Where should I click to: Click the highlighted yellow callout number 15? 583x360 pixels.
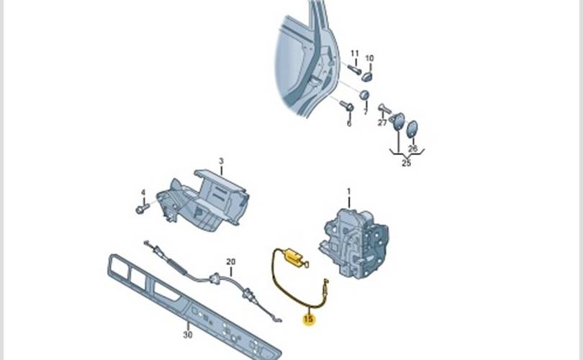(309, 319)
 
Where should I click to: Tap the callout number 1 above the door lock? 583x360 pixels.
(349, 192)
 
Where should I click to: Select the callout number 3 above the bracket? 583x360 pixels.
(221, 161)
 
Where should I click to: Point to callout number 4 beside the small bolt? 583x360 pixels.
(143, 193)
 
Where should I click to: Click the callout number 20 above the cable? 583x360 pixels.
(231, 262)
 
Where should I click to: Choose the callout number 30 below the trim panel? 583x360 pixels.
(188, 335)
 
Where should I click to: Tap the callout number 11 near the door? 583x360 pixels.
(355, 53)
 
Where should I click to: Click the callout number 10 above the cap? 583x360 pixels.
(369, 58)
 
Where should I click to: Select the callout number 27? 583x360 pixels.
(382, 122)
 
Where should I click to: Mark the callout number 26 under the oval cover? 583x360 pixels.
(412, 148)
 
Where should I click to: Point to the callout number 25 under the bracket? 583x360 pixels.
(407, 163)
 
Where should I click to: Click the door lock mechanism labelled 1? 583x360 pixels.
(353, 243)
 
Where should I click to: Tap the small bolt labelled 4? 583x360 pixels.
(142, 208)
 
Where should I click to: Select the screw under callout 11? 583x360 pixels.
(354, 69)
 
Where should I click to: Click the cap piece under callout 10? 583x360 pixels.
(367, 76)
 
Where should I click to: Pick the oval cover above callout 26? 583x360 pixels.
(412, 129)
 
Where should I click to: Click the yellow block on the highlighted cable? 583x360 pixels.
(293, 256)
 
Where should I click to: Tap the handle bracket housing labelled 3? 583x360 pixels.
(203, 201)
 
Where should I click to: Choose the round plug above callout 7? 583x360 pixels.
(364, 95)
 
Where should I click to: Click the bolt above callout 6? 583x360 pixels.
(346, 106)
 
